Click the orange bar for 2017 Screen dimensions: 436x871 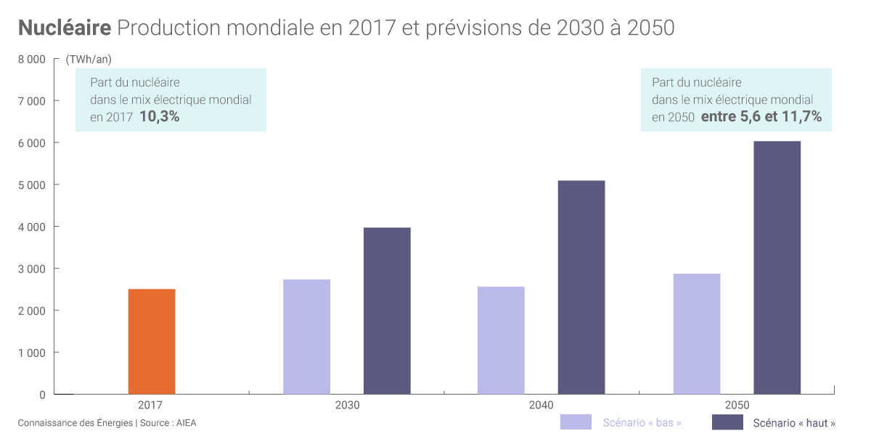point(152,342)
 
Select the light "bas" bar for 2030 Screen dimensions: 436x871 point(306,336)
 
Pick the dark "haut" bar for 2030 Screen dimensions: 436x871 point(387,311)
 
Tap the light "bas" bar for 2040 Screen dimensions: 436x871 point(501,340)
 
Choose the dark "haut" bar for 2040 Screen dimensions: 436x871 point(581,287)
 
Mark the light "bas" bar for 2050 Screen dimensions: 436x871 point(697,334)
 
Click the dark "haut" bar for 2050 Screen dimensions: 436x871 point(777,267)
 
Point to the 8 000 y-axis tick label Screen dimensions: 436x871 point(31,60)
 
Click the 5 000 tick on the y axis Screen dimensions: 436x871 point(31,185)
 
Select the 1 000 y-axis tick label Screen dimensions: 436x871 point(31,353)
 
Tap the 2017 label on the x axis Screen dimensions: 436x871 point(150,405)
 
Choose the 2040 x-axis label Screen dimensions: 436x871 point(541,405)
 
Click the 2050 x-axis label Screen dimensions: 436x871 point(737,405)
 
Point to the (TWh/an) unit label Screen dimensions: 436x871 point(89,60)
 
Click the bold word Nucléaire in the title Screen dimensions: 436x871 point(64,28)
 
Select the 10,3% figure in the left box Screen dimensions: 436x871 point(159,116)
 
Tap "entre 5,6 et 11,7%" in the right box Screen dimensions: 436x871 point(761,116)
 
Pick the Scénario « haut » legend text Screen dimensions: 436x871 point(794,422)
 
